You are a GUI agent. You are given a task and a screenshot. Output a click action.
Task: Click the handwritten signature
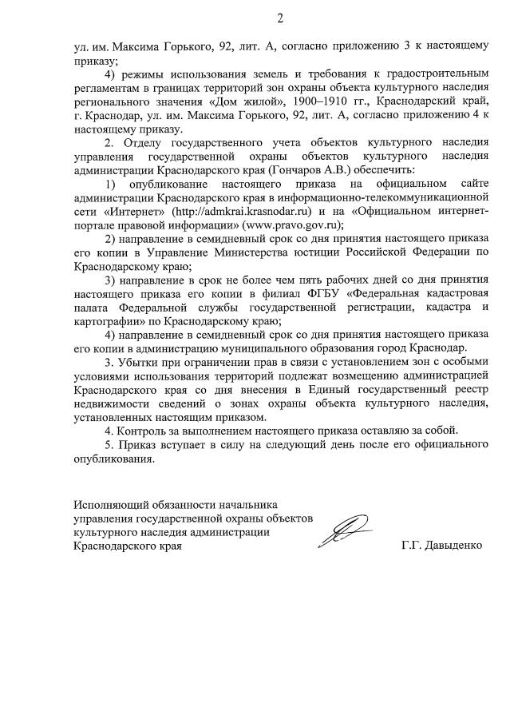(x=345, y=530)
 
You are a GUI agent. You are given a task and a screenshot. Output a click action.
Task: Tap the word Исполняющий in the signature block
(x=109, y=505)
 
